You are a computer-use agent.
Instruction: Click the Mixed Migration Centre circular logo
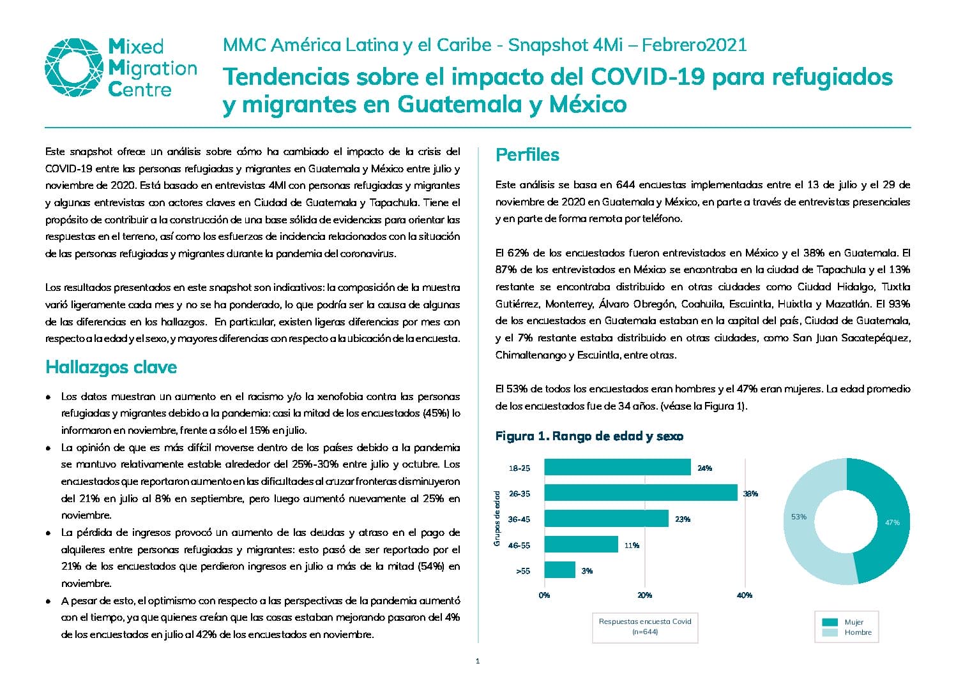[x=74, y=68]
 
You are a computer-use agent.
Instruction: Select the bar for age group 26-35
[x=641, y=493]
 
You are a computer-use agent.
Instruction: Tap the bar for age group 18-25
[x=617, y=467]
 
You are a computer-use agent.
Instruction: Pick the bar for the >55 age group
[x=559, y=570]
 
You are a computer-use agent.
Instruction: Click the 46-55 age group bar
[x=581, y=544]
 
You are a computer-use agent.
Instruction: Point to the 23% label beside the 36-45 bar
[x=683, y=519]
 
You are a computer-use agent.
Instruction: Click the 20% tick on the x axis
[x=644, y=595]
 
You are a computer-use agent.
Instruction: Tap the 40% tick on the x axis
[x=745, y=595]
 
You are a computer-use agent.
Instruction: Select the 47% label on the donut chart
[x=892, y=523]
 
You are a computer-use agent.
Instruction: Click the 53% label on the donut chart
[x=798, y=517]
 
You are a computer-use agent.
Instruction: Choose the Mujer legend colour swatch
[x=830, y=622]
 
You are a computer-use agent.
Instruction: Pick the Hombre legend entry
[x=847, y=632]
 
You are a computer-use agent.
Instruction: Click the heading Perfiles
[x=527, y=155]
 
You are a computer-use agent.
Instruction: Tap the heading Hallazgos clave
[x=111, y=367]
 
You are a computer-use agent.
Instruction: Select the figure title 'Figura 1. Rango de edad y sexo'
[x=589, y=436]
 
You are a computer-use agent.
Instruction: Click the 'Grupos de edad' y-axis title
[x=496, y=518]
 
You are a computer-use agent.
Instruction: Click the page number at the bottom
[x=478, y=661]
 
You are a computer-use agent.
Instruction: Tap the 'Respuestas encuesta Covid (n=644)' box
[x=645, y=627]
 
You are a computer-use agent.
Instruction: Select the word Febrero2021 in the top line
[x=694, y=45]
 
